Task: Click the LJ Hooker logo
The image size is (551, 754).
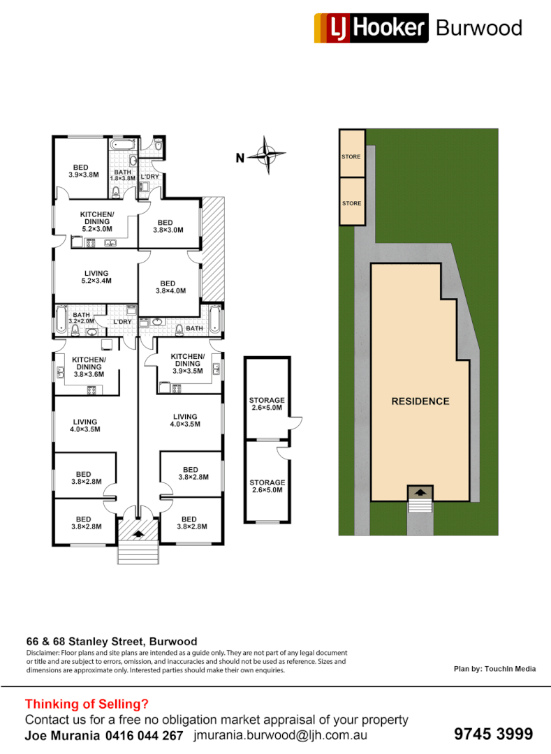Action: tap(370, 28)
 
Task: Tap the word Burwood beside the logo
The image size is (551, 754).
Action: tap(478, 28)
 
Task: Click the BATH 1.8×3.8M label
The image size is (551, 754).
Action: tap(122, 175)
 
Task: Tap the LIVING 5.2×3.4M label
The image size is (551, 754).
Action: tap(96, 276)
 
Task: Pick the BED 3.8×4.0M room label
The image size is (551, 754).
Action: tap(170, 286)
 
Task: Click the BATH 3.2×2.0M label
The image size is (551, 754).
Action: tap(81, 318)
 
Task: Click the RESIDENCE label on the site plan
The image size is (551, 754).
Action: tap(420, 401)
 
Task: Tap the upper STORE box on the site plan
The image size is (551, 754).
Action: tap(351, 156)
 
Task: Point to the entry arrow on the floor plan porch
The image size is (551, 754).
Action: tap(138, 534)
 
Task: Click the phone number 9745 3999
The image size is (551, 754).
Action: tap(493, 734)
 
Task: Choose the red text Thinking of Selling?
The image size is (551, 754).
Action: tap(87, 704)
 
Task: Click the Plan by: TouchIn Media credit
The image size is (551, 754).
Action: tap(494, 669)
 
